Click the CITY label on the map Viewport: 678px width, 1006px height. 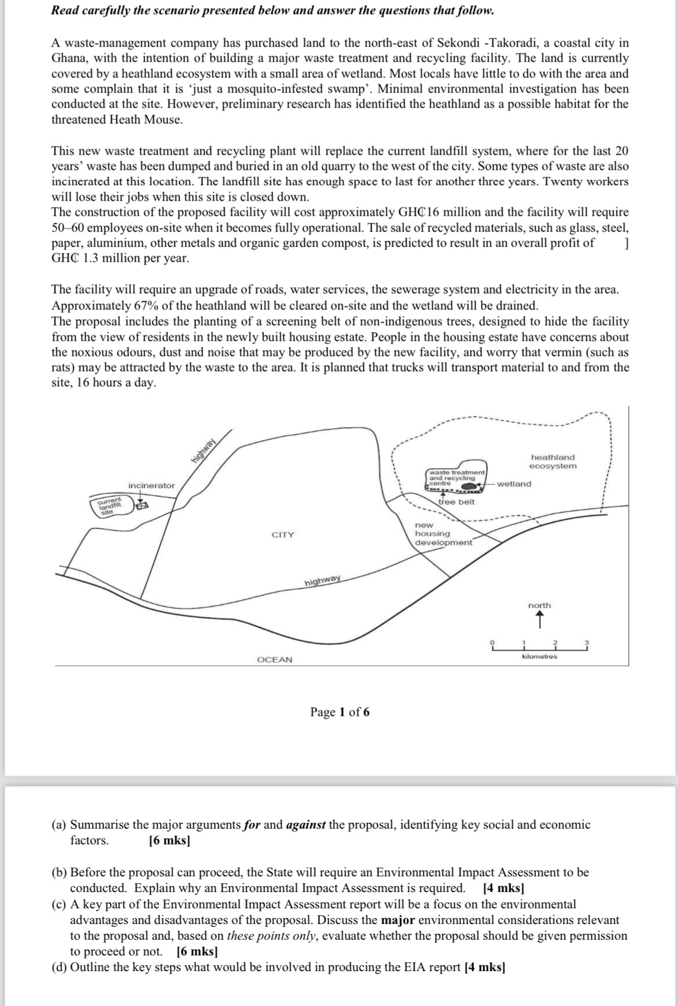[x=283, y=535]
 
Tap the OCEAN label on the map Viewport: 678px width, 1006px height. [x=274, y=659]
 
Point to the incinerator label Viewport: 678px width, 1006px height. [x=151, y=486]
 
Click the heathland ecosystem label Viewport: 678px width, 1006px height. [x=553, y=462]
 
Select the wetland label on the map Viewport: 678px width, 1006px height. [x=514, y=484]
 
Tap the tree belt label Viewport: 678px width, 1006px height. [x=456, y=502]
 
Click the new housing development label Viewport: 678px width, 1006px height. [x=443, y=534]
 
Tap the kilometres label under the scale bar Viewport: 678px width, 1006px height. [x=540, y=657]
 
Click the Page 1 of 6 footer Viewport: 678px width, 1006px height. [x=340, y=712]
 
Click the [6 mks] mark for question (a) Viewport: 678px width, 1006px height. [x=170, y=840]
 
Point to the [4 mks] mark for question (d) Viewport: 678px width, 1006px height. [x=485, y=968]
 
